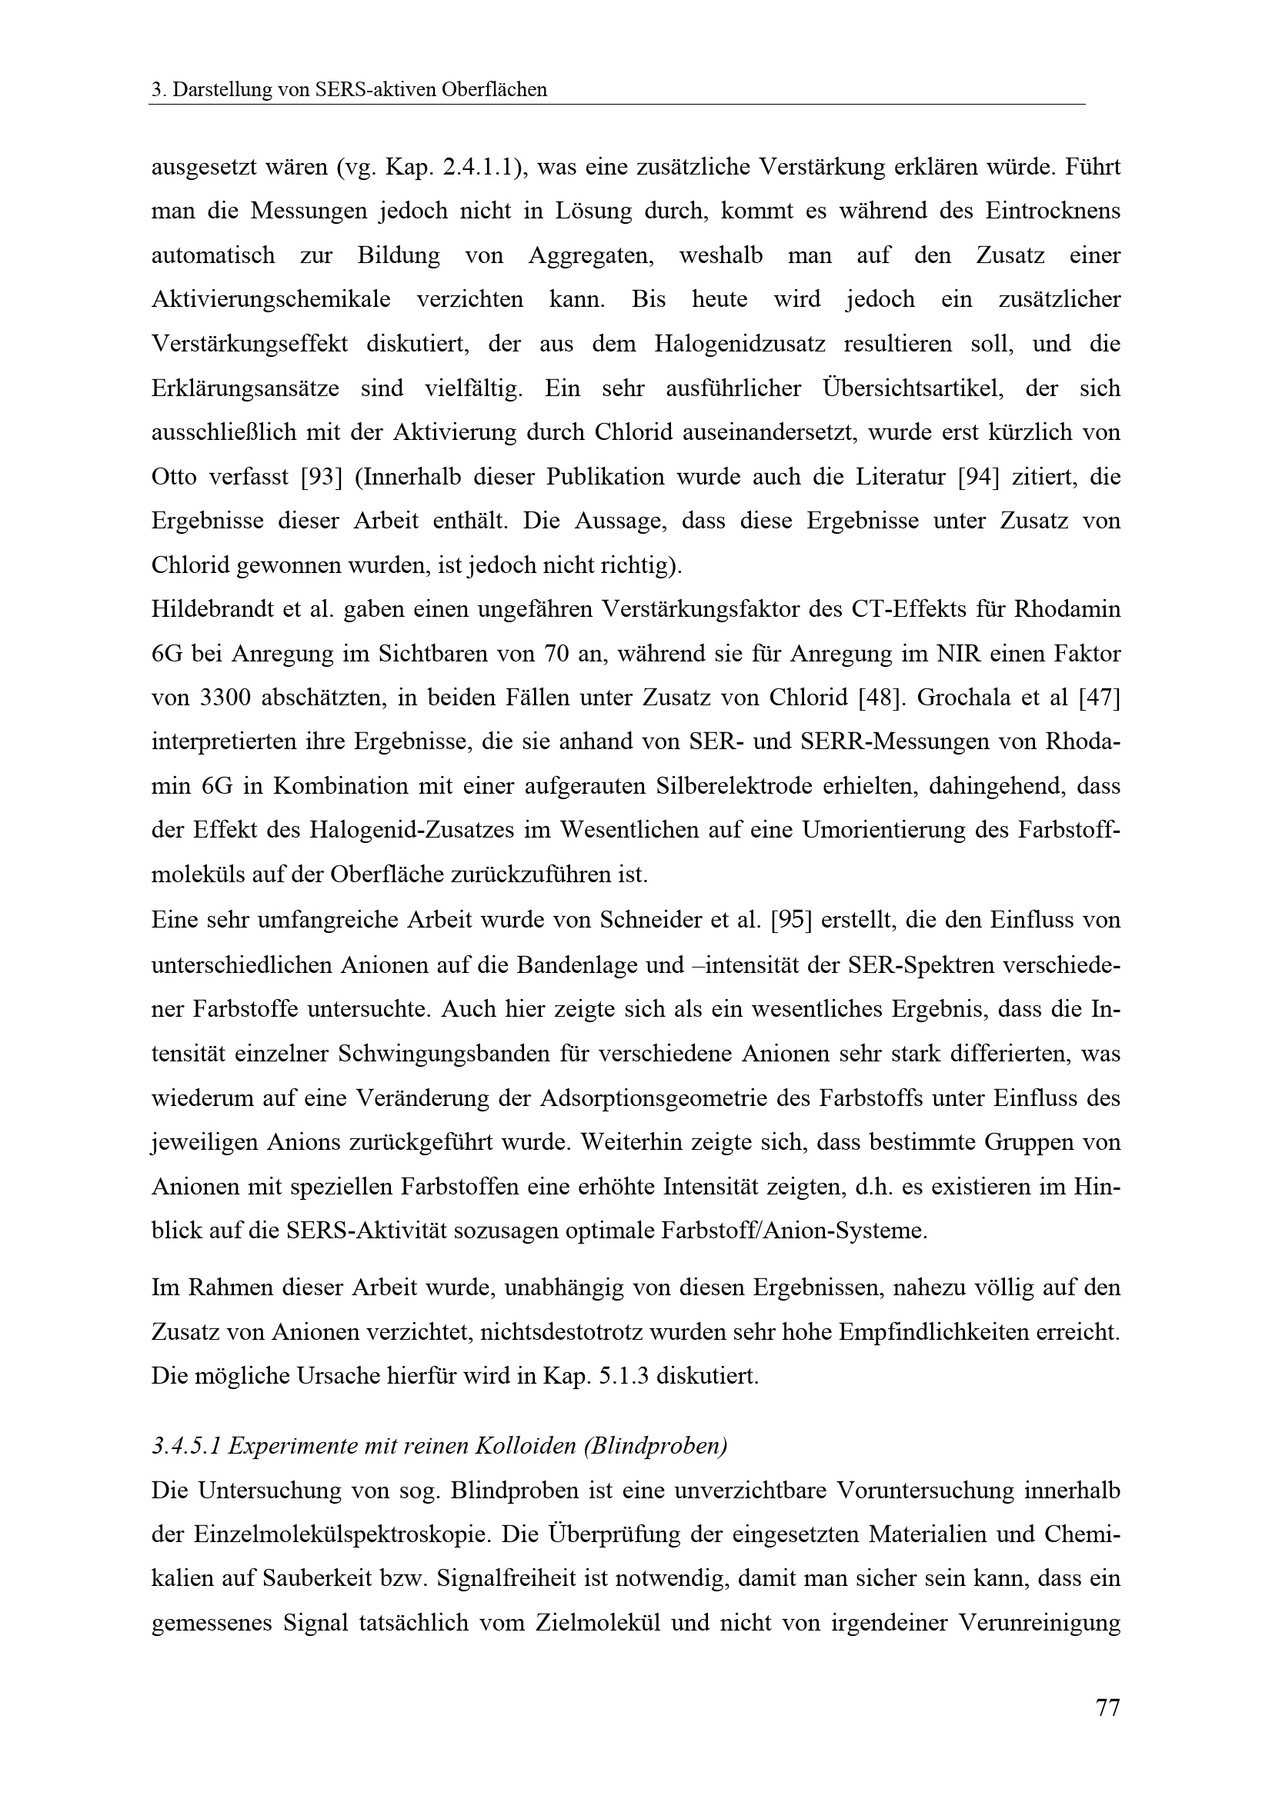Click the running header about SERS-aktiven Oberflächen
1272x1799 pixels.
349,90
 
